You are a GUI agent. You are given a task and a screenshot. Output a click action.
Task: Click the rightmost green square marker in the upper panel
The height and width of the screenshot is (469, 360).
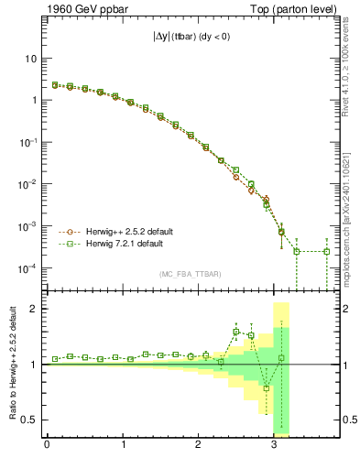point(327,252)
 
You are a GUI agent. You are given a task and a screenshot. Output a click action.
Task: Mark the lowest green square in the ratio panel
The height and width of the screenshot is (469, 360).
point(267,388)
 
